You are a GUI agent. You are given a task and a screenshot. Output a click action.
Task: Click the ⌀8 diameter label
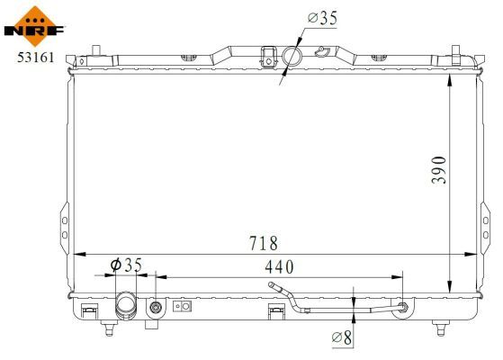tap(342, 337)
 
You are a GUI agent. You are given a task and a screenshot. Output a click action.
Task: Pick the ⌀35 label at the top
tap(321, 17)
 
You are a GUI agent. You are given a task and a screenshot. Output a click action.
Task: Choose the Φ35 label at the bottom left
tap(126, 265)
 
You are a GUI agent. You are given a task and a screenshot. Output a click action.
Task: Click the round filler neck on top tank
tap(292, 57)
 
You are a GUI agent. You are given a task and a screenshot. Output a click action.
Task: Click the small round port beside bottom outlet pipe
tap(156, 308)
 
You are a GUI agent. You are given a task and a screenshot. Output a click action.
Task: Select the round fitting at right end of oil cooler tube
tap(401, 309)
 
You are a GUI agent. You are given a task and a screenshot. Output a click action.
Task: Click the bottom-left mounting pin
tap(108, 328)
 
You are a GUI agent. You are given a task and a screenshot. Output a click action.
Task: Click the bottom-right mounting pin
tap(441, 327)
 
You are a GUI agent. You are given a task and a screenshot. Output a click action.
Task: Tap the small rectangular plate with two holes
tap(183, 306)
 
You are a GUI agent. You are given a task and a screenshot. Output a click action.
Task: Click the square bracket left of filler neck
tap(266, 56)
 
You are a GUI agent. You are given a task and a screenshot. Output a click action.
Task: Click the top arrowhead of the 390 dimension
tap(450, 78)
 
